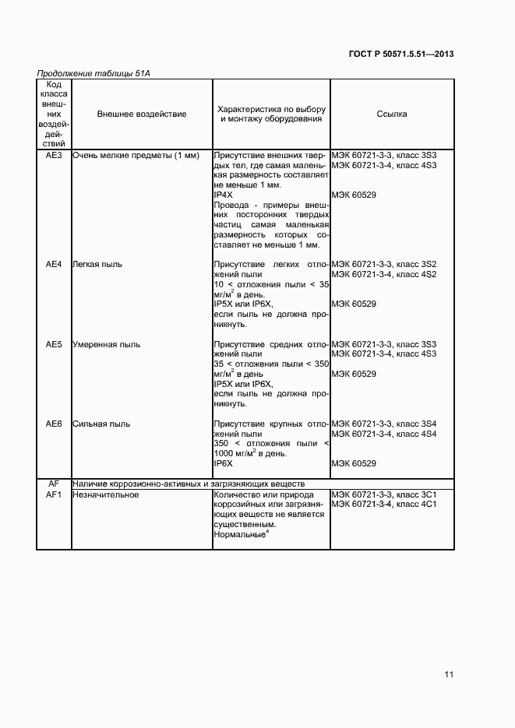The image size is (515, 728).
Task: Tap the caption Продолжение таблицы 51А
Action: (x=93, y=73)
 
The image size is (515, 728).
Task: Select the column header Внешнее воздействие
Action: (x=142, y=114)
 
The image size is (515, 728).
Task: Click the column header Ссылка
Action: (x=391, y=114)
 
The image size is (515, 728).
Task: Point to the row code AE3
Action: (x=54, y=155)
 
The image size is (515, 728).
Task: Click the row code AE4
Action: (x=54, y=264)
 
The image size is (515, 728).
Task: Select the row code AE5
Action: (x=54, y=344)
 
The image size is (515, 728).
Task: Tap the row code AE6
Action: (x=54, y=424)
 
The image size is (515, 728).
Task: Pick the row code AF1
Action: (x=54, y=494)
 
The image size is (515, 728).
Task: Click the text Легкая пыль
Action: (x=97, y=264)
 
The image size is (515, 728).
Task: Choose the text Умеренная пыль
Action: (x=106, y=344)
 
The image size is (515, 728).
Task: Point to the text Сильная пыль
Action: (x=101, y=424)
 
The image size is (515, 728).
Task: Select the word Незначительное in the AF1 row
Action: (x=105, y=494)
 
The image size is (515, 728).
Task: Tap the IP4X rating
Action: (x=224, y=195)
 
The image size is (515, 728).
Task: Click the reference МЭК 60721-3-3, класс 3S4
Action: (x=384, y=424)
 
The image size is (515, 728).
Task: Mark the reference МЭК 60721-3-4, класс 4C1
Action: (x=384, y=505)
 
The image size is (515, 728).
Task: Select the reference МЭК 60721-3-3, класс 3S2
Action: (x=384, y=264)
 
